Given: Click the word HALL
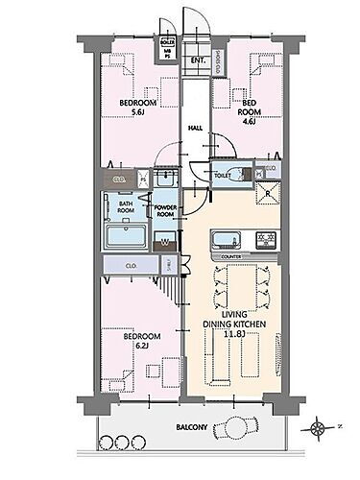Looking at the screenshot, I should click(x=195, y=127).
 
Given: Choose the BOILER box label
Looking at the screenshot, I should click(x=168, y=43).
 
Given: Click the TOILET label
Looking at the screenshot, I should click(x=221, y=175).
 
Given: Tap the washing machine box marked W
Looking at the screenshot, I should click(x=165, y=242).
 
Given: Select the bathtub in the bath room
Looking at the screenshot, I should click(x=124, y=238).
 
